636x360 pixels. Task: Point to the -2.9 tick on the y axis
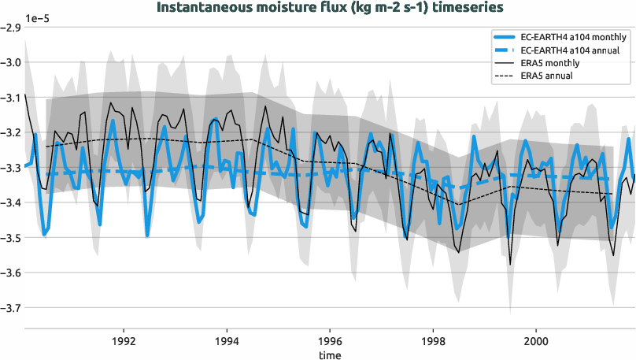tap(11, 28)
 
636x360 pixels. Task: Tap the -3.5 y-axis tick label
tap(11, 237)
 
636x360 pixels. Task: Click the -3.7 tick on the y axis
tap(11, 307)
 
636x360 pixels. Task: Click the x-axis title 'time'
tap(330, 355)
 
